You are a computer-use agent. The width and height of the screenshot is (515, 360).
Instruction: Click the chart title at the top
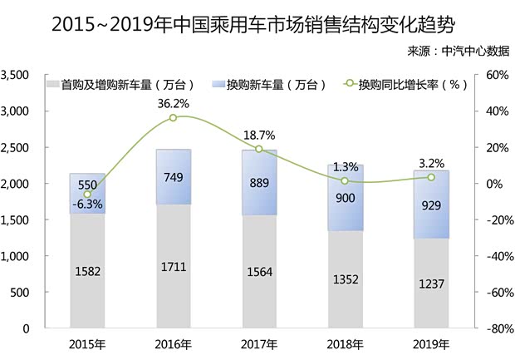coord(257,22)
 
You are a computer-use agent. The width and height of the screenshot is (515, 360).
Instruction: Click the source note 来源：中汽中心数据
coord(458,51)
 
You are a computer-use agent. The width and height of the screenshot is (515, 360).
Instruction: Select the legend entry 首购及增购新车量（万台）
coord(125,84)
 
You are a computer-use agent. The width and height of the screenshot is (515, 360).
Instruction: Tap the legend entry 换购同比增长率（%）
coord(406,84)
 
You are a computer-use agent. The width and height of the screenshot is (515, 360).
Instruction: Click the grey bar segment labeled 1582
coord(87,270)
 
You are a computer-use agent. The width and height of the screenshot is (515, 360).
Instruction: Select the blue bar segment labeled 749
coord(174,177)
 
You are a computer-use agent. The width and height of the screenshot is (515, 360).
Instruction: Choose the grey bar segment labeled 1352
coord(345,279)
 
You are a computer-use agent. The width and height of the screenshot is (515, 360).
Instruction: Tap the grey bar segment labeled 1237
coord(431,283)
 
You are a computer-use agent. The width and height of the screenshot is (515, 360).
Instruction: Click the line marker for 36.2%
coord(174,118)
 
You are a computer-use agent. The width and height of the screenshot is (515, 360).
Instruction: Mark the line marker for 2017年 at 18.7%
coord(259,150)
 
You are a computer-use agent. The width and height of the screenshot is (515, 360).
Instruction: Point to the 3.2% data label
coord(431,162)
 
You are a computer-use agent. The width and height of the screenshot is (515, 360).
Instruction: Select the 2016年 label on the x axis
coord(174,343)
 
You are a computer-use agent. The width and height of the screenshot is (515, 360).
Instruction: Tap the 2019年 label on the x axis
coord(431,343)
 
